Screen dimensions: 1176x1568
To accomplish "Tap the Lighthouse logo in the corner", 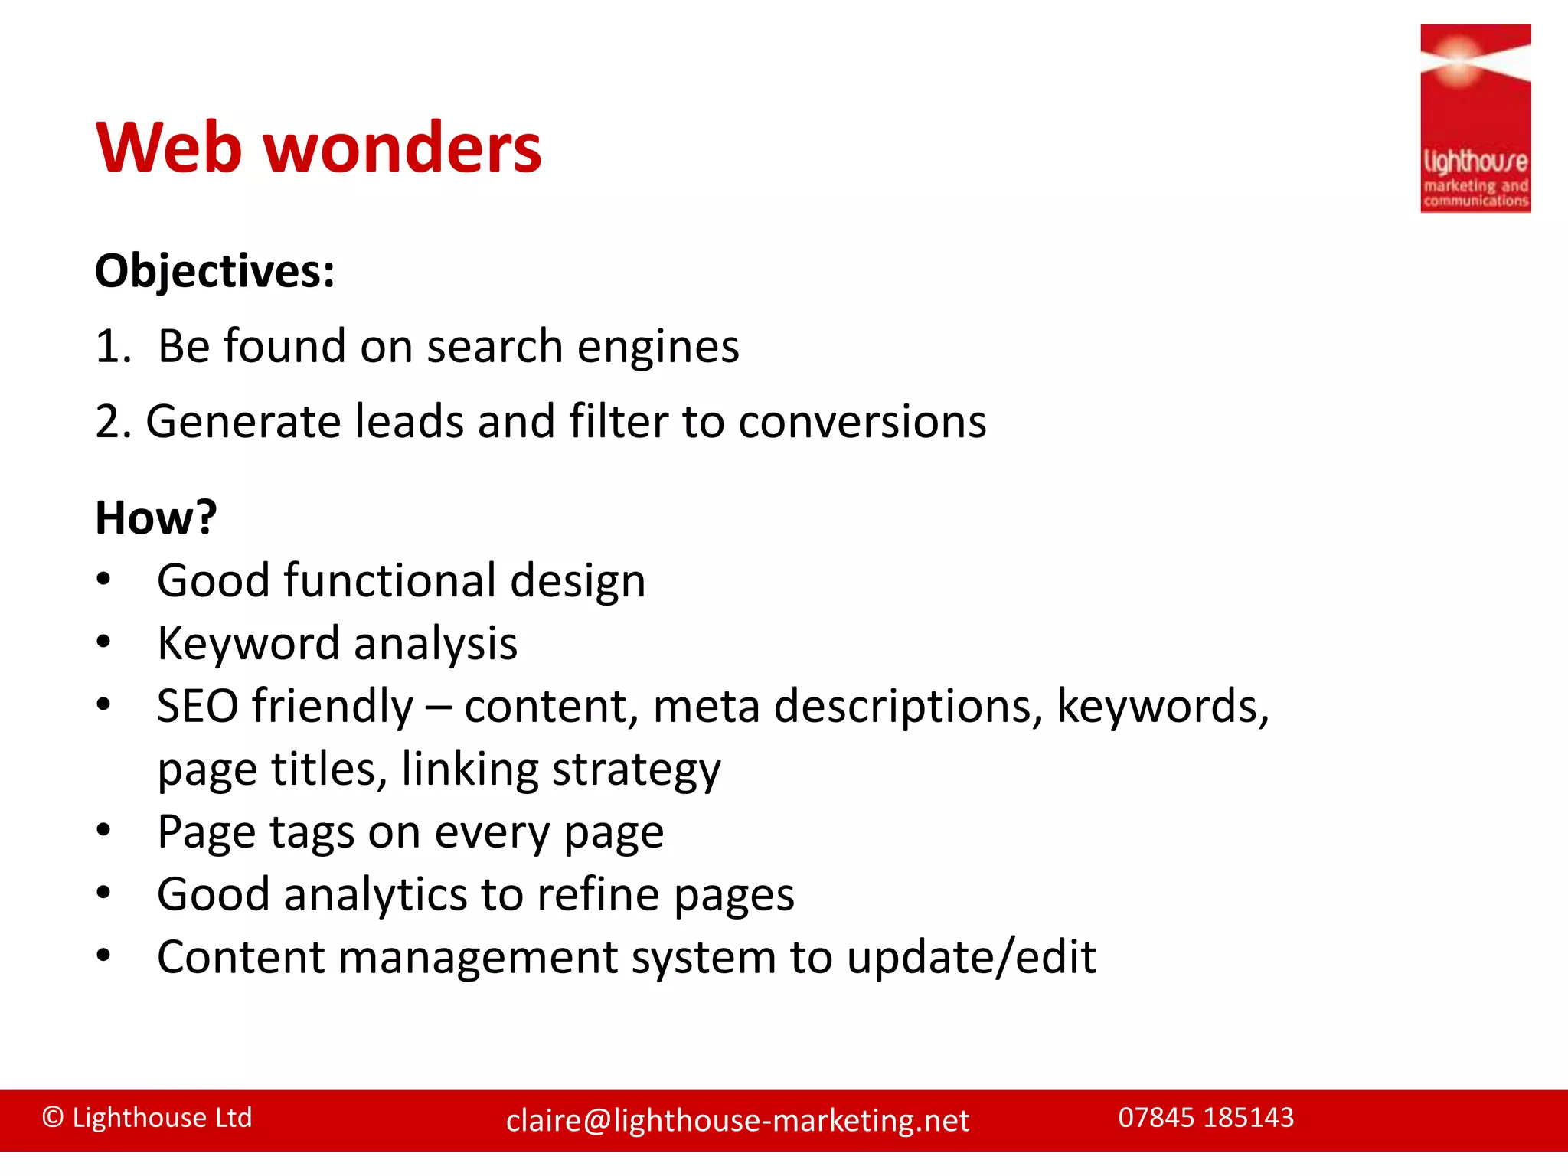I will coord(1475,119).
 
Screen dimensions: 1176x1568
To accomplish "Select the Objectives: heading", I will coord(215,271).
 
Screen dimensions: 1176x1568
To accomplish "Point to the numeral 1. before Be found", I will coord(113,346).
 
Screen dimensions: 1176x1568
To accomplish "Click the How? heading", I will coord(156,518).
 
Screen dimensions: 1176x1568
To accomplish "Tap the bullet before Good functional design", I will coord(104,580).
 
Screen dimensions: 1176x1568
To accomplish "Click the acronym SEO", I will coord(198,706).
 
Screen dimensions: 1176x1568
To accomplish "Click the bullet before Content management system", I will coord(104,956).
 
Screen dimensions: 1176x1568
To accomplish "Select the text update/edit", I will coord(971,958).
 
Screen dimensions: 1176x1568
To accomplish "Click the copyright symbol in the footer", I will coord(53,1118).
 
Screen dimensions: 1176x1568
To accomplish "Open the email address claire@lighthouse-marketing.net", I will coord(737,1121).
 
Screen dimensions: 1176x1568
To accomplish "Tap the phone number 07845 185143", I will coord(1206,1118).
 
